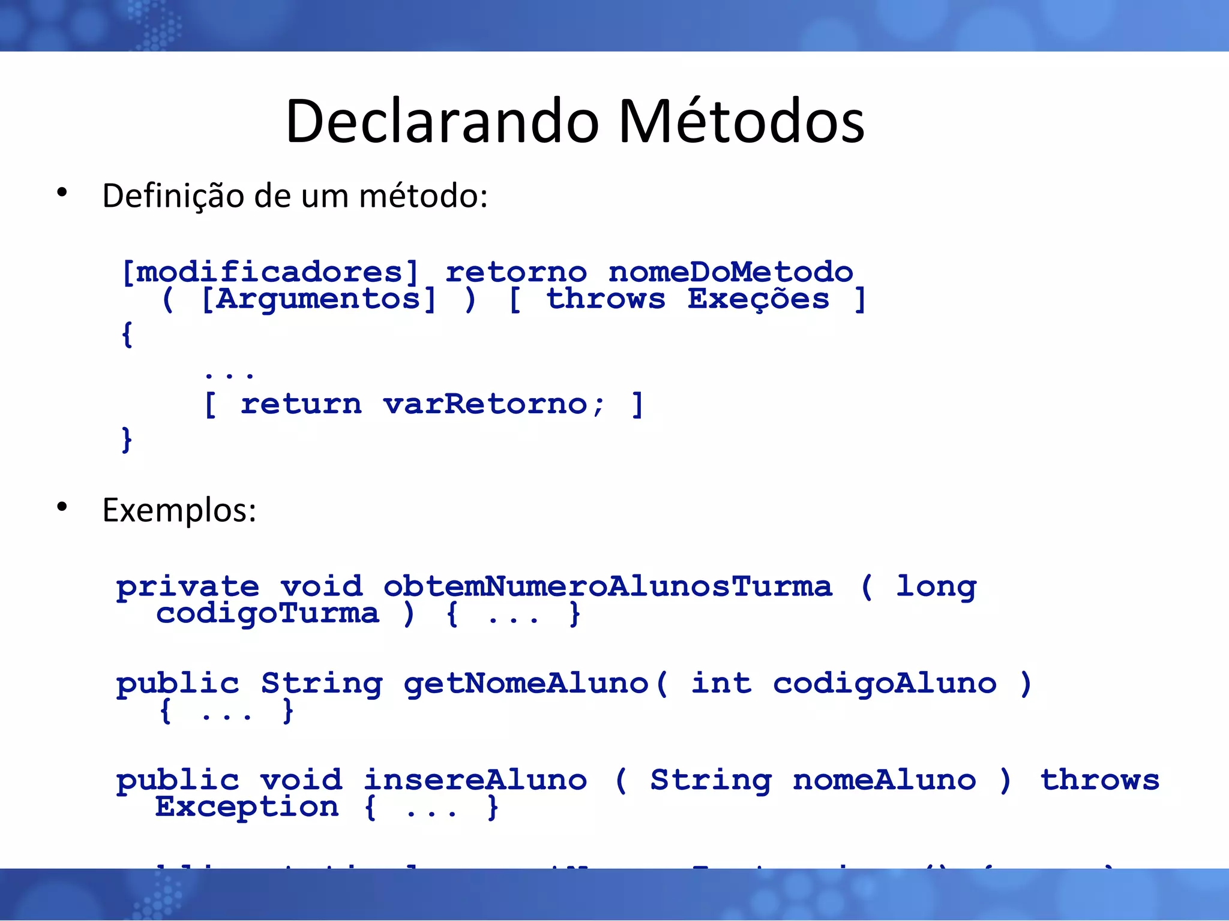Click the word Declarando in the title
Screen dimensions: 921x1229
click(442, 121)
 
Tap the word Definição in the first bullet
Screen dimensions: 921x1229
click(173, 196)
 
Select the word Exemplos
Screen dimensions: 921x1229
click(179, 511)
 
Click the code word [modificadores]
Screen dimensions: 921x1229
click(269, 273)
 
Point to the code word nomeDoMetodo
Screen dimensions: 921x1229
click(730, 273)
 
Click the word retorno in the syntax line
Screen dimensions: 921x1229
click(516, 273)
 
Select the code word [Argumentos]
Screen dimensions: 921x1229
click(318, 299)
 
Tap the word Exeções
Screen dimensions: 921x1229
click(758, 299)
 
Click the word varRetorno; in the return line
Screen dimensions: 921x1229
click(493, 404)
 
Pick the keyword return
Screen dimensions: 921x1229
click(301, 404)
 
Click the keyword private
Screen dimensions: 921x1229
click(188, 587)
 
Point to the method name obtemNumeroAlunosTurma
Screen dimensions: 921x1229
click(607, 586)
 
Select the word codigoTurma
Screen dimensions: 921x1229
click(268, 613)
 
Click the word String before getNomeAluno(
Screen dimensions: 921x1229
click(322, 684)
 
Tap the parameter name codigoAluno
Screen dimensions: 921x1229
click(885, 684)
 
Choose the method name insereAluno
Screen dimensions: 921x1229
click(475, 780)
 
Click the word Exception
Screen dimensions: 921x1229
click(247, 807)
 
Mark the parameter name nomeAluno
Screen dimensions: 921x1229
click(885, 780)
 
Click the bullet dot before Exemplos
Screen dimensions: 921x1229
click(62, 507)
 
